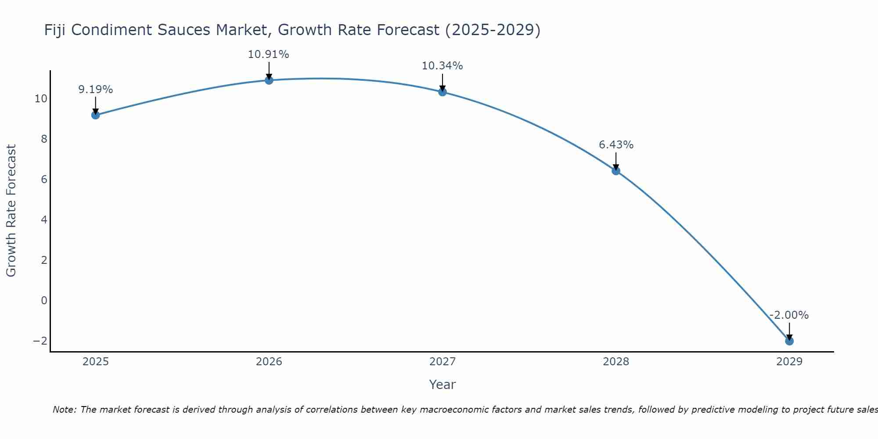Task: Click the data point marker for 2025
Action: (95, 115)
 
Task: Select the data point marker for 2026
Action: (269, 80)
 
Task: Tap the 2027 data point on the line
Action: (443, 92)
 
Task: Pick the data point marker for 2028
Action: (616, 171)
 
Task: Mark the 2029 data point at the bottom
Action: (789, 341)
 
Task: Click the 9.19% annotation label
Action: (95, 90)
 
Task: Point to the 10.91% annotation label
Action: (268, 54)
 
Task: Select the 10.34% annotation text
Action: (442, 66)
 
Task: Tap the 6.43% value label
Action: (616, 145)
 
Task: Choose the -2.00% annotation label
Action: (789, 315)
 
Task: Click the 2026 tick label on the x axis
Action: (269, 362)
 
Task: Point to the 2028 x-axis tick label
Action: (616, 362)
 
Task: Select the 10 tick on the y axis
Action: (41, 98)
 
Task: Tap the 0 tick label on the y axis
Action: (44, 301)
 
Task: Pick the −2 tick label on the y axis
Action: (40, 341)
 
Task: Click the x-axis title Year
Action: (442, 385)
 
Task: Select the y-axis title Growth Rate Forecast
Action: (11, 211)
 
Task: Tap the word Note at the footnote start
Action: (64, 410)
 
